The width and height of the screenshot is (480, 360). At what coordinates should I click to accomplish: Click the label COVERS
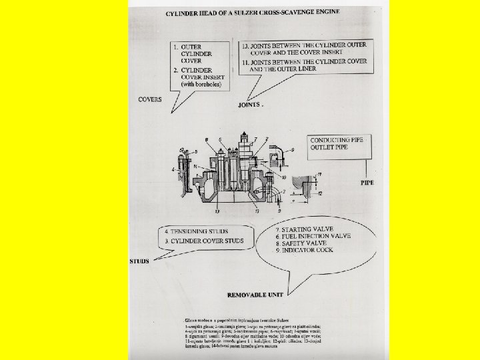(x=150, y=99)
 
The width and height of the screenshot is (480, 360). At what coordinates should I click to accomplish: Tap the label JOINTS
(x=251, y=105)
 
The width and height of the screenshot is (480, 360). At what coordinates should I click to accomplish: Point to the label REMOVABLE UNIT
(x=256, y=293)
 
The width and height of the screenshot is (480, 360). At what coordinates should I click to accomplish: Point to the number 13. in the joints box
(x=245, y=45)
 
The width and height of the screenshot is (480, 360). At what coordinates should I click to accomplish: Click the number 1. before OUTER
(x=175, y=47)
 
